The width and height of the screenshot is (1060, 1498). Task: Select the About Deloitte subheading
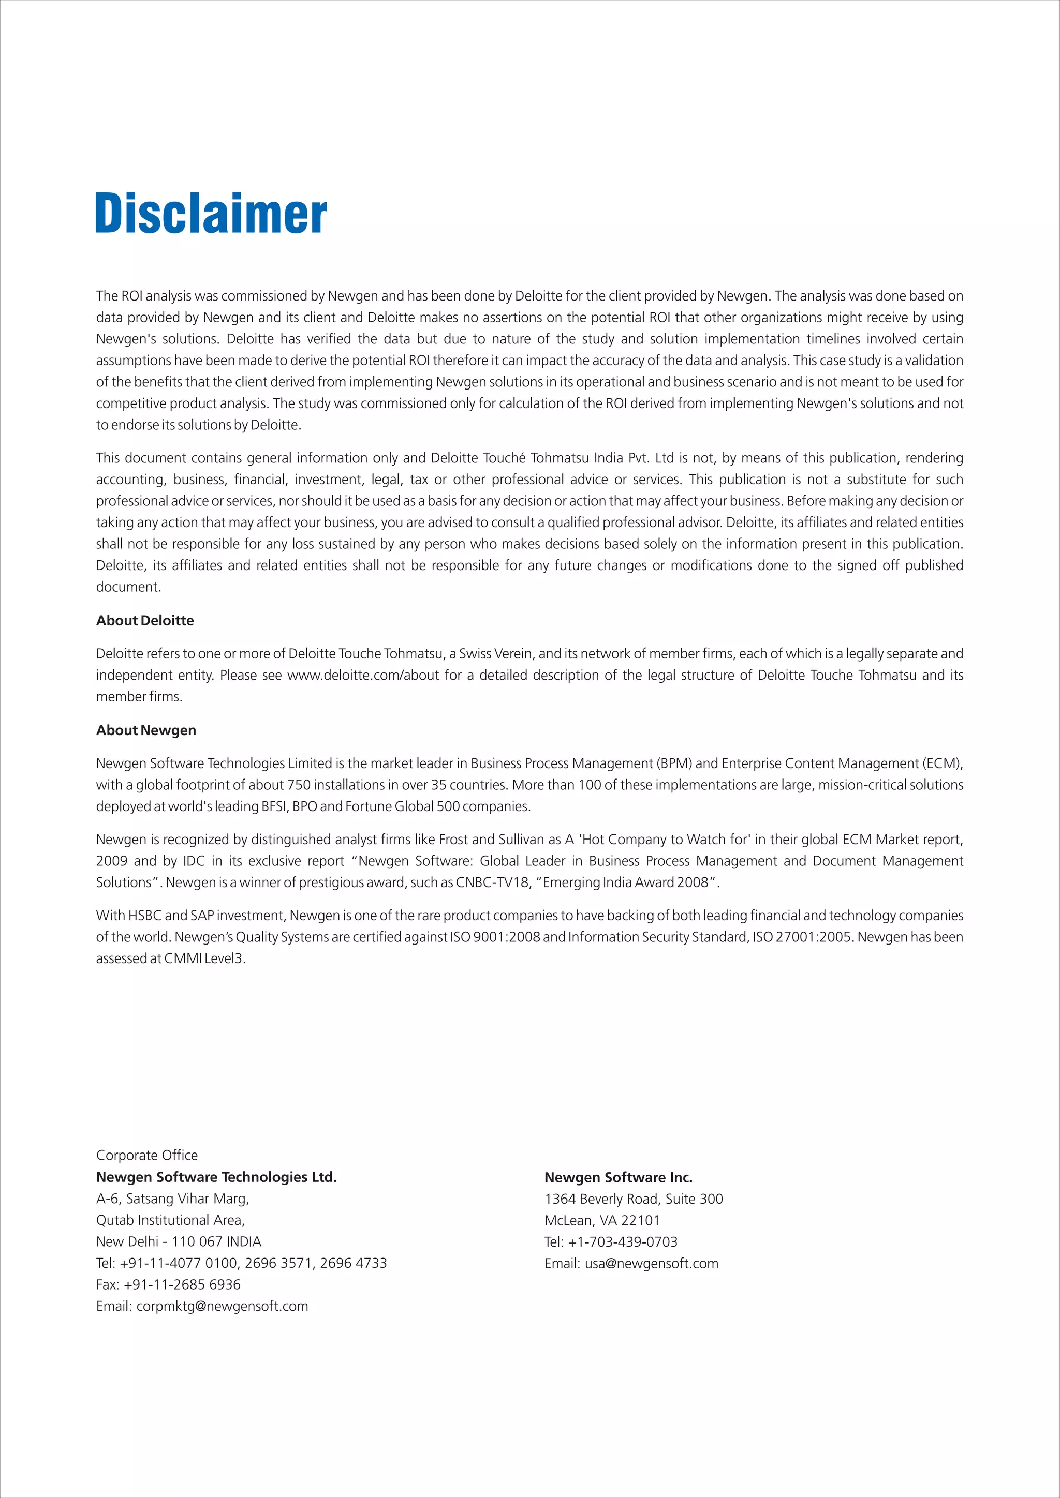(x=145, y=621)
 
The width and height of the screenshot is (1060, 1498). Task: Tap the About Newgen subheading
(x=145, y=730)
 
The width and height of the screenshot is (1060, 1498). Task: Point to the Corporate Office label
(x=147, y=1155)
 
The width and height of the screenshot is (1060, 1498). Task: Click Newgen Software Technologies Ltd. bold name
(x=216, y=1177)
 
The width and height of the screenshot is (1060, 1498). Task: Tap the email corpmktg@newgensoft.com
(x=222, y=1306)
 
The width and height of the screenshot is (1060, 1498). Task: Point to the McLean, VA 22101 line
(x=602, y=1220)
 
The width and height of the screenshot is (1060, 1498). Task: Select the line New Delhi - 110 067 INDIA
(x=178, y=1241)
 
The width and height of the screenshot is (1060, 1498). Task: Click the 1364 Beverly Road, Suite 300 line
(x=633, y=1199)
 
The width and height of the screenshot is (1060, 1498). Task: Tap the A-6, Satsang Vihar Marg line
(x=172, y=1199)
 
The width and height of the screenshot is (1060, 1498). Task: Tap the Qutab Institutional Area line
(x=170, y=1220)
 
